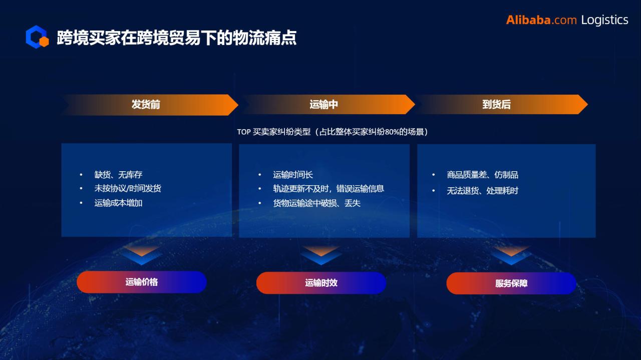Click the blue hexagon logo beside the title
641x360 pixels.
pyautogui.click(x=37, y=37)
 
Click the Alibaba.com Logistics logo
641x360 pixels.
pyautogui.click(x=567, y=20)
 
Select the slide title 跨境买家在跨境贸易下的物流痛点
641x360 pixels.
pyautogui.click(x=177, y=38)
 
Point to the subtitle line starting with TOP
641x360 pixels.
pyautogui.click(x=333, y=132)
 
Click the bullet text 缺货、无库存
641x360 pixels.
pyautogui.click(x=119, y=175)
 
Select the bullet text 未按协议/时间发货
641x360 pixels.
pyautogui.click(x=128, y=188)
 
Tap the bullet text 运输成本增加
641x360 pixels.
pyautogui.click(x=119, y=203)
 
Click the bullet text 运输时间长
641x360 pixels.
pyautogui.click(x=293, y=175)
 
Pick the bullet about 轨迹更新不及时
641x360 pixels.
pyautogui.click(x=329, y=189)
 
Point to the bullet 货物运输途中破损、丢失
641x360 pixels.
pyautogui.click(x=316, y=203)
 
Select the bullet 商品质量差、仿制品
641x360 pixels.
pyautogui.click(x=482, y=175)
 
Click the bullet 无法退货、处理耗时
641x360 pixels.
pyautogui.click(x=482, y=191)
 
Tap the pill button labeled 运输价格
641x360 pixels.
pyautogui.click(x=142, y=282)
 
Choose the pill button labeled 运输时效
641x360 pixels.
pyautogui.click(x=321, y=283)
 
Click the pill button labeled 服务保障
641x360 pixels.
pyautogui.click(x=511, y=283)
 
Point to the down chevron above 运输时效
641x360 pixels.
pyautogui.click(x=321, y=255)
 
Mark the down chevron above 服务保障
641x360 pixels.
pyautogui.click(x=511, y=255)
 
